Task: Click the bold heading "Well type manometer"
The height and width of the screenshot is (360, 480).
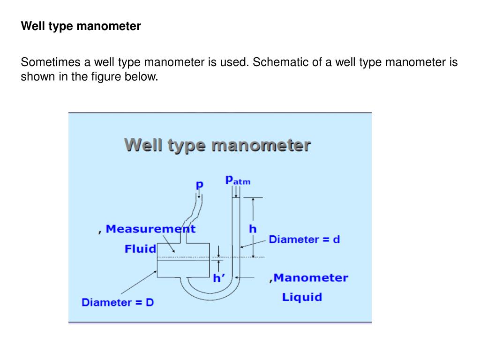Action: [x=81, y=26]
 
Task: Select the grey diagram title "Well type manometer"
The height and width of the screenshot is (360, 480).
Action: [x=217, y=145]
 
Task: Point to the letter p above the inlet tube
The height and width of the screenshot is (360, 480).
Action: [x=200, y=185]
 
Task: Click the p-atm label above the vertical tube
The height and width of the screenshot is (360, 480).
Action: [x=238, y=180]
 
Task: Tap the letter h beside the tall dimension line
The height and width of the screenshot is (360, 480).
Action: [x=253, y=229]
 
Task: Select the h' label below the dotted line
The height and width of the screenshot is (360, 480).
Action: [x=219, y=278]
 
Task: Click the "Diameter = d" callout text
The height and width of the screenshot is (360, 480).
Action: [x=304, y=240]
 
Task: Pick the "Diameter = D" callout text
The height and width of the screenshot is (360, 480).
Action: [x=118, y=302]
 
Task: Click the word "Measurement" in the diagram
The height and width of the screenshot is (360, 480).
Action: [x=150, y=229]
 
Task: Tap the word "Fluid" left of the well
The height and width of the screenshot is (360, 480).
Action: [x=140, y=249]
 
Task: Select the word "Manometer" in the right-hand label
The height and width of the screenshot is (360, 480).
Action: [x=311, y=277]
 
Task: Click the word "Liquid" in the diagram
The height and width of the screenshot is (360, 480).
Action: [x=302, y=297]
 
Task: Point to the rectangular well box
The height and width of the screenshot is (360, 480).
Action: [x=183, y=260]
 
